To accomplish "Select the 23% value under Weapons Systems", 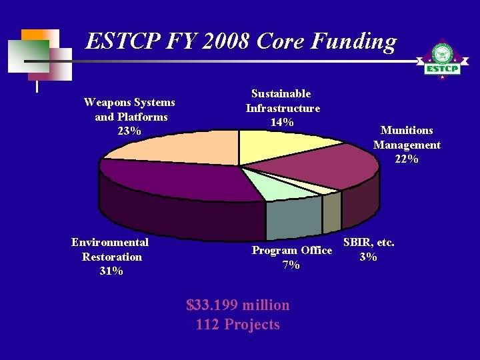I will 129,131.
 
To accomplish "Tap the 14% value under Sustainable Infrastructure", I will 283,122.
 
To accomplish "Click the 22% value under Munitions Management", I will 407,159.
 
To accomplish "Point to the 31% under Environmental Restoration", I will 111,271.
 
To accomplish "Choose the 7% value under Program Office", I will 291,265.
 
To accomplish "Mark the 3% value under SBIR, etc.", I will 368,257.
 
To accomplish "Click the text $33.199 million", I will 238,305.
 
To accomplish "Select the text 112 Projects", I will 238,325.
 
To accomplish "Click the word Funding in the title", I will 354,42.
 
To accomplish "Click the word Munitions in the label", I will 407,131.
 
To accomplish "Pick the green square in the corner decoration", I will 29,55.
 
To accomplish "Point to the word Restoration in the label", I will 112,257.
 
